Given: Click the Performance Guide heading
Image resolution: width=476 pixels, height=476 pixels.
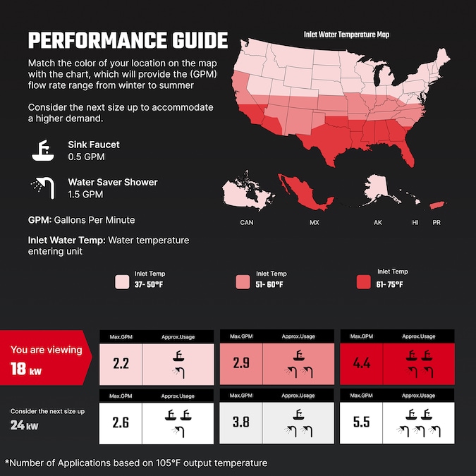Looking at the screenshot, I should click(x=128, y=39).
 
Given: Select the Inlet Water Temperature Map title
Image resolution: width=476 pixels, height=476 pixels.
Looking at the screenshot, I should click(x=346, y=34).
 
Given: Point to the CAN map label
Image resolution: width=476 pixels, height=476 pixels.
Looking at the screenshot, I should click(x=247, y=222).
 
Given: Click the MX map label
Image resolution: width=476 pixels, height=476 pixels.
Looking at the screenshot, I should click(x=314, y=222).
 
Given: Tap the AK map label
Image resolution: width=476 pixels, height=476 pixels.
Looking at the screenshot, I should click(x=378, y=222).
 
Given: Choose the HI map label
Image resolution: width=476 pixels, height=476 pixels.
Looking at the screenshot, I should click(x=415, y=222).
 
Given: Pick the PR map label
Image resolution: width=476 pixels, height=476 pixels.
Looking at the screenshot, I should click(x=437, y=222).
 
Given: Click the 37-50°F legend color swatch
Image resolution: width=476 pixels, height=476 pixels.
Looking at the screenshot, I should click(x=123, y=282).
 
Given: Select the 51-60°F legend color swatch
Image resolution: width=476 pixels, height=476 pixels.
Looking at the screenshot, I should click(x=243, y=282).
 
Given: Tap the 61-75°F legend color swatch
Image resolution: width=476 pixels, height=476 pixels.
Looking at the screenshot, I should click(x=364, y=282).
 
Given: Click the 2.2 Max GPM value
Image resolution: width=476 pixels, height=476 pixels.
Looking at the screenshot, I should click(x=121, y=364).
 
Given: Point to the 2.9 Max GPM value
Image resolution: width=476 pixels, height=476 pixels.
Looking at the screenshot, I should click(x=241, y=364).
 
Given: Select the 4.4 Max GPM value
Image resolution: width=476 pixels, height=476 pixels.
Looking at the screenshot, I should click(x=361, y=364).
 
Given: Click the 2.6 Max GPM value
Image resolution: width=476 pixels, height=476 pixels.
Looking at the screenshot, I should click(x=121, y=422).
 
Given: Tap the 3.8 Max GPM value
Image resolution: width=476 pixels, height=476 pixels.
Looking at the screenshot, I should click(x=241, y=422).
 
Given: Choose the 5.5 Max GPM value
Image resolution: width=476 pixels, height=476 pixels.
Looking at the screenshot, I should click(x=361, y=422).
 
